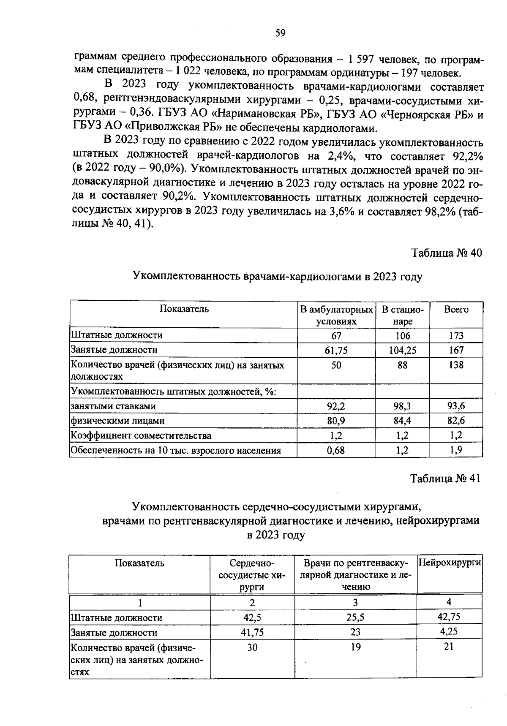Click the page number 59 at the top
click(x=280, y=33)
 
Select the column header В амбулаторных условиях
click(x=336, y=315)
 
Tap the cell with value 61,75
click(x=336, y=350)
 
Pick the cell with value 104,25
click(x=402, y=350)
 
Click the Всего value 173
click(x=456, y=336)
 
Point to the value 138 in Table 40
click(x=456, y=365)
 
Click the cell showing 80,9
click(x=336, y=421)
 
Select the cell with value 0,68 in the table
click(x=336, y=450)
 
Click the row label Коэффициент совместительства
click(x=141, y=435)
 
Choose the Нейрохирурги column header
click(x=450, y=563)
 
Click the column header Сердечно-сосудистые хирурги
click(x=252, y=575)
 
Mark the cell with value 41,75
click(x=252, y=632)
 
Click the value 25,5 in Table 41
click(x=356, y=617)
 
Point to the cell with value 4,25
click(x=449, y=631)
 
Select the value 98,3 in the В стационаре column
click(x=402, y=406)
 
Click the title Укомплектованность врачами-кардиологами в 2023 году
click(x=277, y=277)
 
